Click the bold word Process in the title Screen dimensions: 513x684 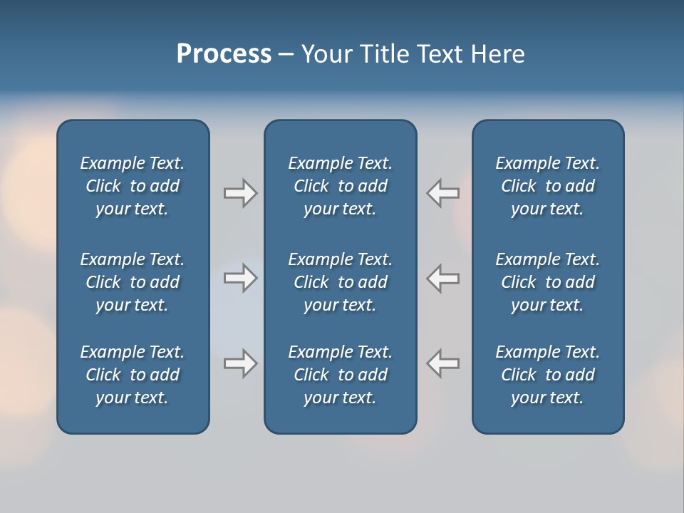pyautogui.click(x=224, y=54)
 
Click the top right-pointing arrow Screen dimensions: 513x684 pyautogui.click(x=240, y=193)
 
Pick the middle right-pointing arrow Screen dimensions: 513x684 pyautogui.click(x=240, y=278)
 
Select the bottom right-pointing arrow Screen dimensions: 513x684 pyautogui.click(x=240, y=363)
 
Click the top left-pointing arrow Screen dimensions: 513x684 pyautogui.click(x=443, y=193)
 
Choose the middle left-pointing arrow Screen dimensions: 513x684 pyautogui.click(x=443, y=278)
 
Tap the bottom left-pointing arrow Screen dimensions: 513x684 pyautogui.click(x=443, y=363)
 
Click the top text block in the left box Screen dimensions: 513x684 pyautogui.click(x=133, y=186)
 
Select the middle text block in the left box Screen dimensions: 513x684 pyautogui.click(x=133, y=282)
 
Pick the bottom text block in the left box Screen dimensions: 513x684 pyautogui.click(x=133, y=375)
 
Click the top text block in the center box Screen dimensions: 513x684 pyautogui.click(x=340, y=186)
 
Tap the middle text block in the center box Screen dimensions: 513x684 pyautogui.click(x=340, y=282)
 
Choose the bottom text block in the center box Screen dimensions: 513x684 pyautogui.click(x=340, y=375)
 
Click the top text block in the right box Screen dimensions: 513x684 pyautogui.click(x=547, y=186)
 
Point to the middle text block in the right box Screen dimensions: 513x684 pyautogui.click(x=547, y=282)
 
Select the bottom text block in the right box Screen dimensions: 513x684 pyautogui.click(x=547, y=375)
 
